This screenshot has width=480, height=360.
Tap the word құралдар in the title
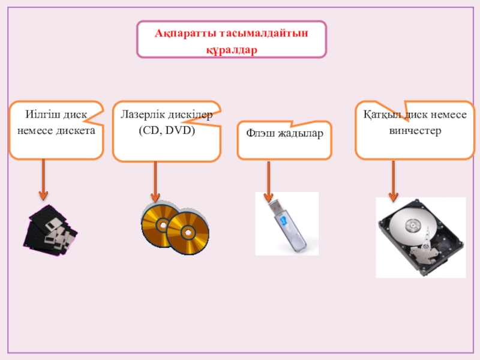232,50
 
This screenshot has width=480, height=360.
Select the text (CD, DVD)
167,130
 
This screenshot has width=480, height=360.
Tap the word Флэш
259,133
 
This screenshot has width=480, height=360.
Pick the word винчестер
415,131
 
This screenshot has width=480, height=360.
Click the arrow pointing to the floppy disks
43,179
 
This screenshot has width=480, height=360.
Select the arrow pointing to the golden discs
155,182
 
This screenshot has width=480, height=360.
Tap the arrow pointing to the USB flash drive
268,182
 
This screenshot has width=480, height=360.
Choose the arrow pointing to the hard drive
394,181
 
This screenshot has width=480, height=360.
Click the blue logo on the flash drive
283,221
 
